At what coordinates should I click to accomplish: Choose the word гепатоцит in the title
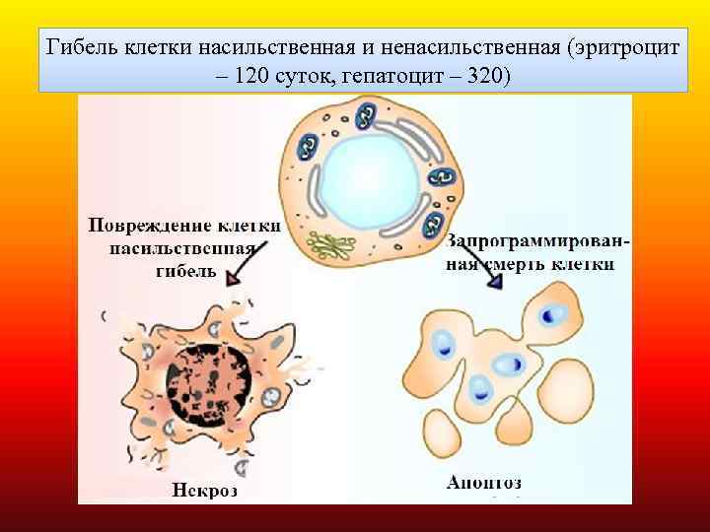[x=389, y=76]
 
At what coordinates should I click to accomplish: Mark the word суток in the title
[x=306, y=76]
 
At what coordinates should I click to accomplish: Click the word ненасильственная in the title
[x=457, y=48]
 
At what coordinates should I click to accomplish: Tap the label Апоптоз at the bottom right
[x=484, y=483]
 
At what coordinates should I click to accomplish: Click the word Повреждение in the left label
[x=144, y=226]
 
